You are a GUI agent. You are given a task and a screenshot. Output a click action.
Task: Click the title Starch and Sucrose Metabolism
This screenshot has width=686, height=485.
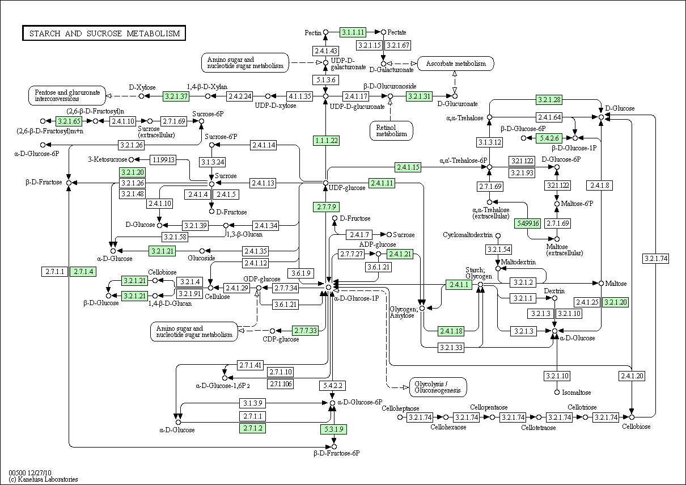point(104,33)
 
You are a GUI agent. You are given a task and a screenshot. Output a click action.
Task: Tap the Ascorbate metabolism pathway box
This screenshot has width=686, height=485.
point(455,64)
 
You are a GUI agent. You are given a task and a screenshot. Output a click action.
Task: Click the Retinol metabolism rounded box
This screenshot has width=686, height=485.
point(391,130)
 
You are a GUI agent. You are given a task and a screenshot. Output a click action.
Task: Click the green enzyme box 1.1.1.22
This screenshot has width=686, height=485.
point(326,140)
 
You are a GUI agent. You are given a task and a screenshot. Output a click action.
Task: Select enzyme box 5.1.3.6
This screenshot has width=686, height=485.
point(326,80)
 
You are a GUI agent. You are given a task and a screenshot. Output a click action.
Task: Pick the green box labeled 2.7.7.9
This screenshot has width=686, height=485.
point(326,206)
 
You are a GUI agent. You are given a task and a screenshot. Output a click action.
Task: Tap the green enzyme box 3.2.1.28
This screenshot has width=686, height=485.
point(549,100)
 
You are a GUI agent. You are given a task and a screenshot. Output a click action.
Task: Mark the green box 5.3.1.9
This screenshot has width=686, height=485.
point(333,428)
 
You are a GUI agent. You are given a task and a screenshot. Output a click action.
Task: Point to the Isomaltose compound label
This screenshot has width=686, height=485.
point(576,393)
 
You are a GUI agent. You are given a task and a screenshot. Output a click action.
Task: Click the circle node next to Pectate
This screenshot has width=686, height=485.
point(383,32)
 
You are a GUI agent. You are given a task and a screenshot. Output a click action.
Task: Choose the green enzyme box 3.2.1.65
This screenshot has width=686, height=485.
point(70,121)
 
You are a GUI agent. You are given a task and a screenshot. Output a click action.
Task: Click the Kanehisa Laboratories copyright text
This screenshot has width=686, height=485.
point(43,479)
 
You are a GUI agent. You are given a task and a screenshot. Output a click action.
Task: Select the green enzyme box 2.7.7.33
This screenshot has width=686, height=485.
point(305,330)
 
